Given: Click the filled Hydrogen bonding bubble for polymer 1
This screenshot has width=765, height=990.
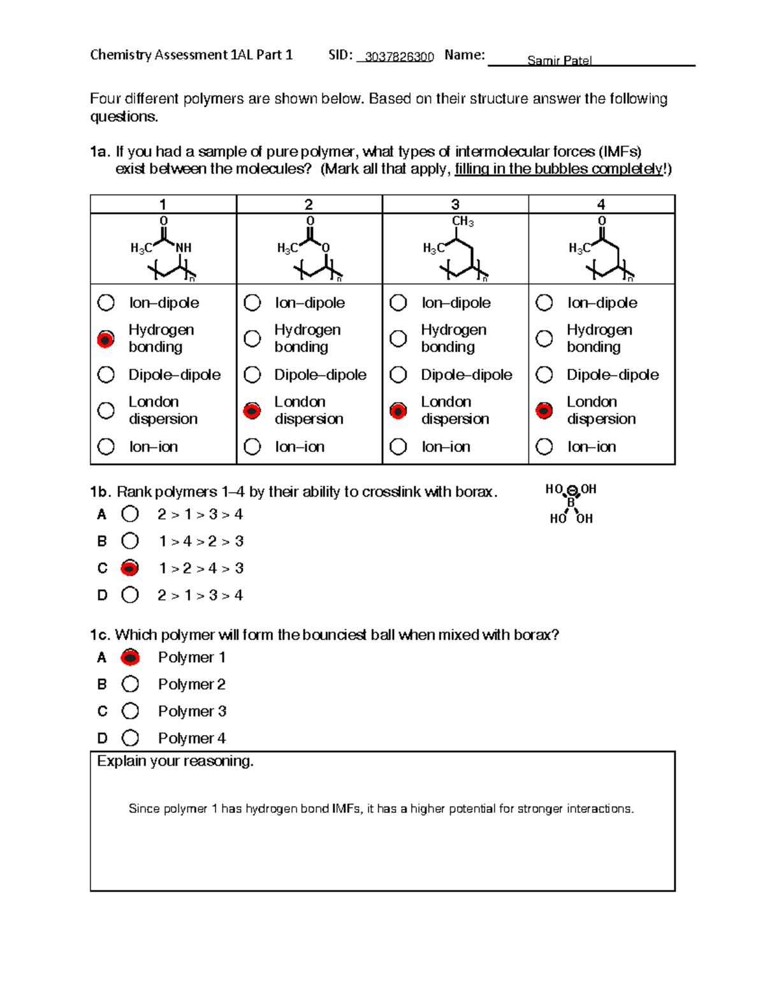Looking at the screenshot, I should click(x=106, y=339).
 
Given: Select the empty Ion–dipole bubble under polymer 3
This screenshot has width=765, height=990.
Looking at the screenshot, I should click(x=398, y=303).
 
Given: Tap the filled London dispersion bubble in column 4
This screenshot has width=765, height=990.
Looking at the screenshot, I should click(x=544, y=411).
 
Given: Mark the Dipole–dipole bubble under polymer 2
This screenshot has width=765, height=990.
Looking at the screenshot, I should click(x=252, y=375).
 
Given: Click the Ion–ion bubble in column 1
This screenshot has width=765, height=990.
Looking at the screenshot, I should click(x=106, y=447).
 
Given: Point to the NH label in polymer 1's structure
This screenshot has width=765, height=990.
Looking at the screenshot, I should click(x=184, y=247).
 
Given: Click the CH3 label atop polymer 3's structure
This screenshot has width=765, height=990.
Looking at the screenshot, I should click(x=462, y=221).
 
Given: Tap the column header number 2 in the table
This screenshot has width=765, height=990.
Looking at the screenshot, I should click(x=309, y=205).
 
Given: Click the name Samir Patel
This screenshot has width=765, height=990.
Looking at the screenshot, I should click(x=559, y=61).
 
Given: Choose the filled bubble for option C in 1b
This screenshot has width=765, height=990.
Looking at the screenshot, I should click(x=130, y=568).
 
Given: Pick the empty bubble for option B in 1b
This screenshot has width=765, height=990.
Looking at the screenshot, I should click(x=130, y=541).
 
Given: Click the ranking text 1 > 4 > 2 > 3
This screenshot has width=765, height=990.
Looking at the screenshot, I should click(x=201, y=541).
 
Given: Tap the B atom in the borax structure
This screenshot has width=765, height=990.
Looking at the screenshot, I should click(x=571, y=503).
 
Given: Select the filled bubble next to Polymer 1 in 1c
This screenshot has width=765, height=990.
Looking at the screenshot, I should click(x=130, y=657).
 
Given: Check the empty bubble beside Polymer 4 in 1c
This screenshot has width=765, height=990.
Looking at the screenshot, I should click(x=130, y=738).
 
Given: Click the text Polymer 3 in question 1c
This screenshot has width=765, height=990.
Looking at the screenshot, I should click(x=192, y=711).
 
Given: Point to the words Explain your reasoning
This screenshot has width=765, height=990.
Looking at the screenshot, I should click(x=175, y=761).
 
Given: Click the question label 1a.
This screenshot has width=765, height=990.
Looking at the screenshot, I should click(x=100, y=152).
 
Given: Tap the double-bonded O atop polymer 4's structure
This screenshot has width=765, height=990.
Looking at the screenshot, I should click(x=601, y=221).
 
